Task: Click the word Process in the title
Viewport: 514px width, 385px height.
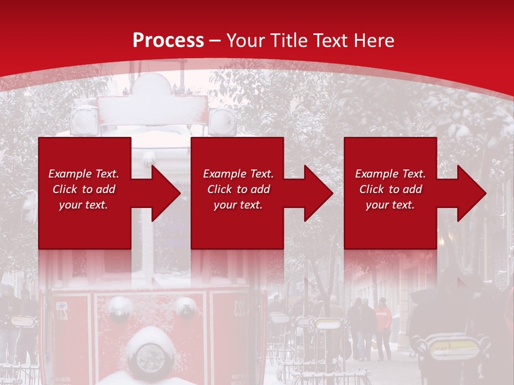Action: click(x=168, y=41)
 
